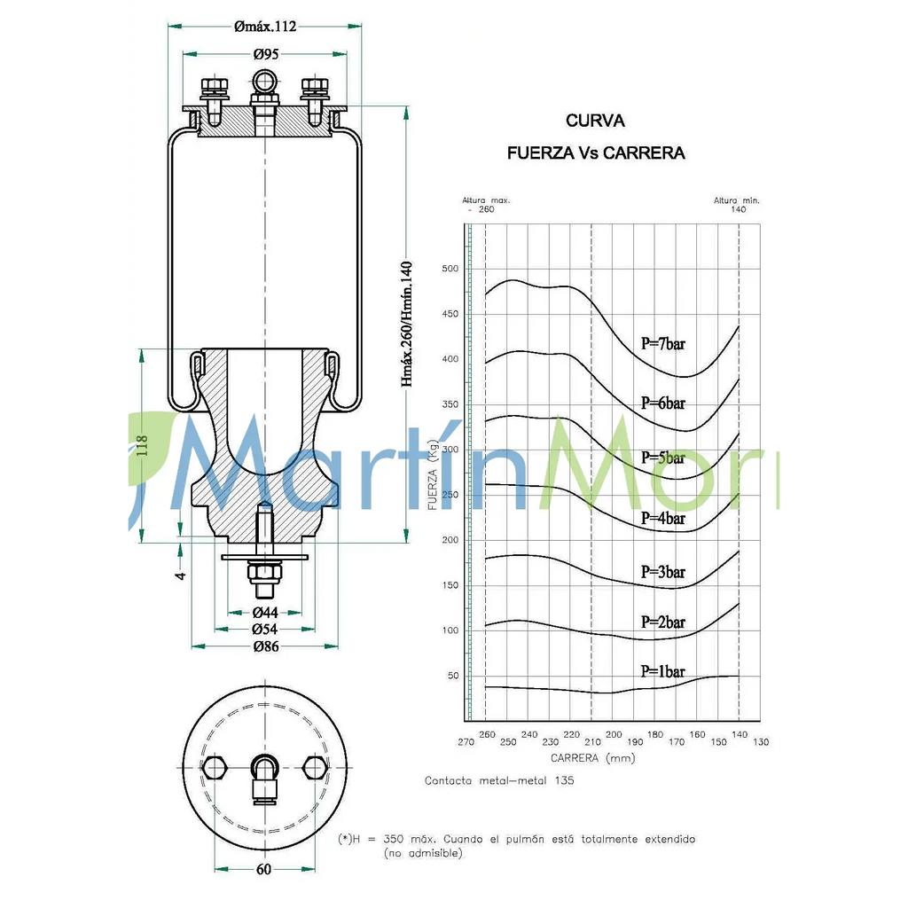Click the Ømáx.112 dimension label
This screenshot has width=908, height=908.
265,27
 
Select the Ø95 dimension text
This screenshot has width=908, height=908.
265,55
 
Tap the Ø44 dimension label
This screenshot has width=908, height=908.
265,613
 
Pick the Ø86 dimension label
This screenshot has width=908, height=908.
265,646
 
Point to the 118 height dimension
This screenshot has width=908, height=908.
143,444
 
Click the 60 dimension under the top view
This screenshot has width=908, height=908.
264,869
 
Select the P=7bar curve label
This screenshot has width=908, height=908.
663,344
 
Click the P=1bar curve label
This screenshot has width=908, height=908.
663,671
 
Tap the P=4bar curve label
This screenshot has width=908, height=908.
663,518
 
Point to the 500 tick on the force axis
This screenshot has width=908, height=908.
450,269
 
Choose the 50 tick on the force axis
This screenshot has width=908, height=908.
453,676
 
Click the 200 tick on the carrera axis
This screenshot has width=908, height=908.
614,735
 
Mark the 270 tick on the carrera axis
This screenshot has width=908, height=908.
466,741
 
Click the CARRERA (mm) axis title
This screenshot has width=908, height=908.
592,758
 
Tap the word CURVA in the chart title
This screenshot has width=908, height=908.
595,121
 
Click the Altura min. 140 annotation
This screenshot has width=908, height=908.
737,205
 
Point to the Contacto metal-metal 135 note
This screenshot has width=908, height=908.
499,780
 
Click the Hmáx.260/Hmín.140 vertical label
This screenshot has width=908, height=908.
407,324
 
